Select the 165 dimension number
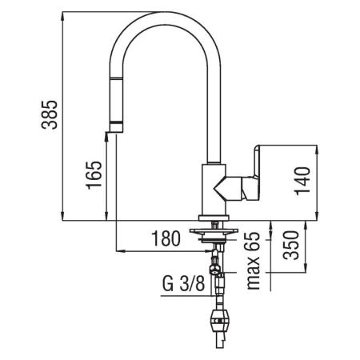(x=94, y=175)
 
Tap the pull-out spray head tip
(x=115, y=125)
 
